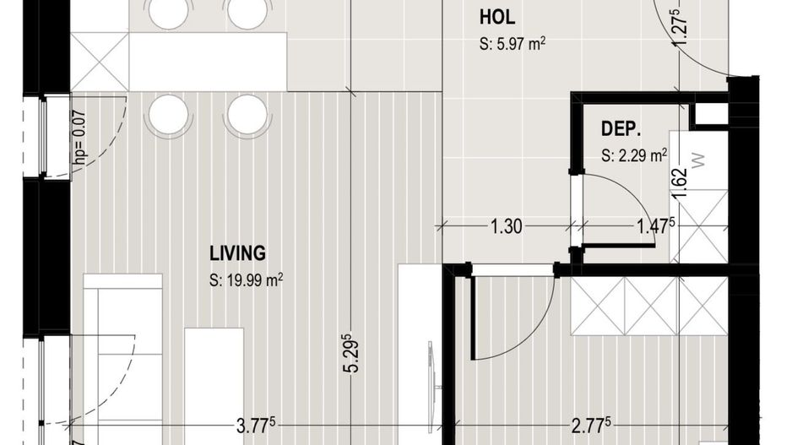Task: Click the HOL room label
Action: pyautogui.click(x=496, y=18)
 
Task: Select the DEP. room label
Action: pyautogui.click(x=621, y=129)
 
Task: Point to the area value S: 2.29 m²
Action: pyautogui.click(x=634, y=155)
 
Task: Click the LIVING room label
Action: pyautogui.click(x=237, y=252)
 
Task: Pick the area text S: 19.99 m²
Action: pyautogui.click(x=246, y=279)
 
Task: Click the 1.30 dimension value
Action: pyautogui.click(x=506, y=225)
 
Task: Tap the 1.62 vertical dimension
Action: pyautogui.click(x=679, y=183)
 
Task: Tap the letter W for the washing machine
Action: pyautogui.click(x=697, y=161)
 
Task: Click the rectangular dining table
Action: pyautogui.click(x=207, y=62)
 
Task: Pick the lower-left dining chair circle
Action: pyautogui.click(x=168, y=113)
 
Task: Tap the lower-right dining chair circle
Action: pyautogui.click(x=247, y=113)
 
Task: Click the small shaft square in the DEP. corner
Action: pyautogui.click(x=710, y=113)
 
